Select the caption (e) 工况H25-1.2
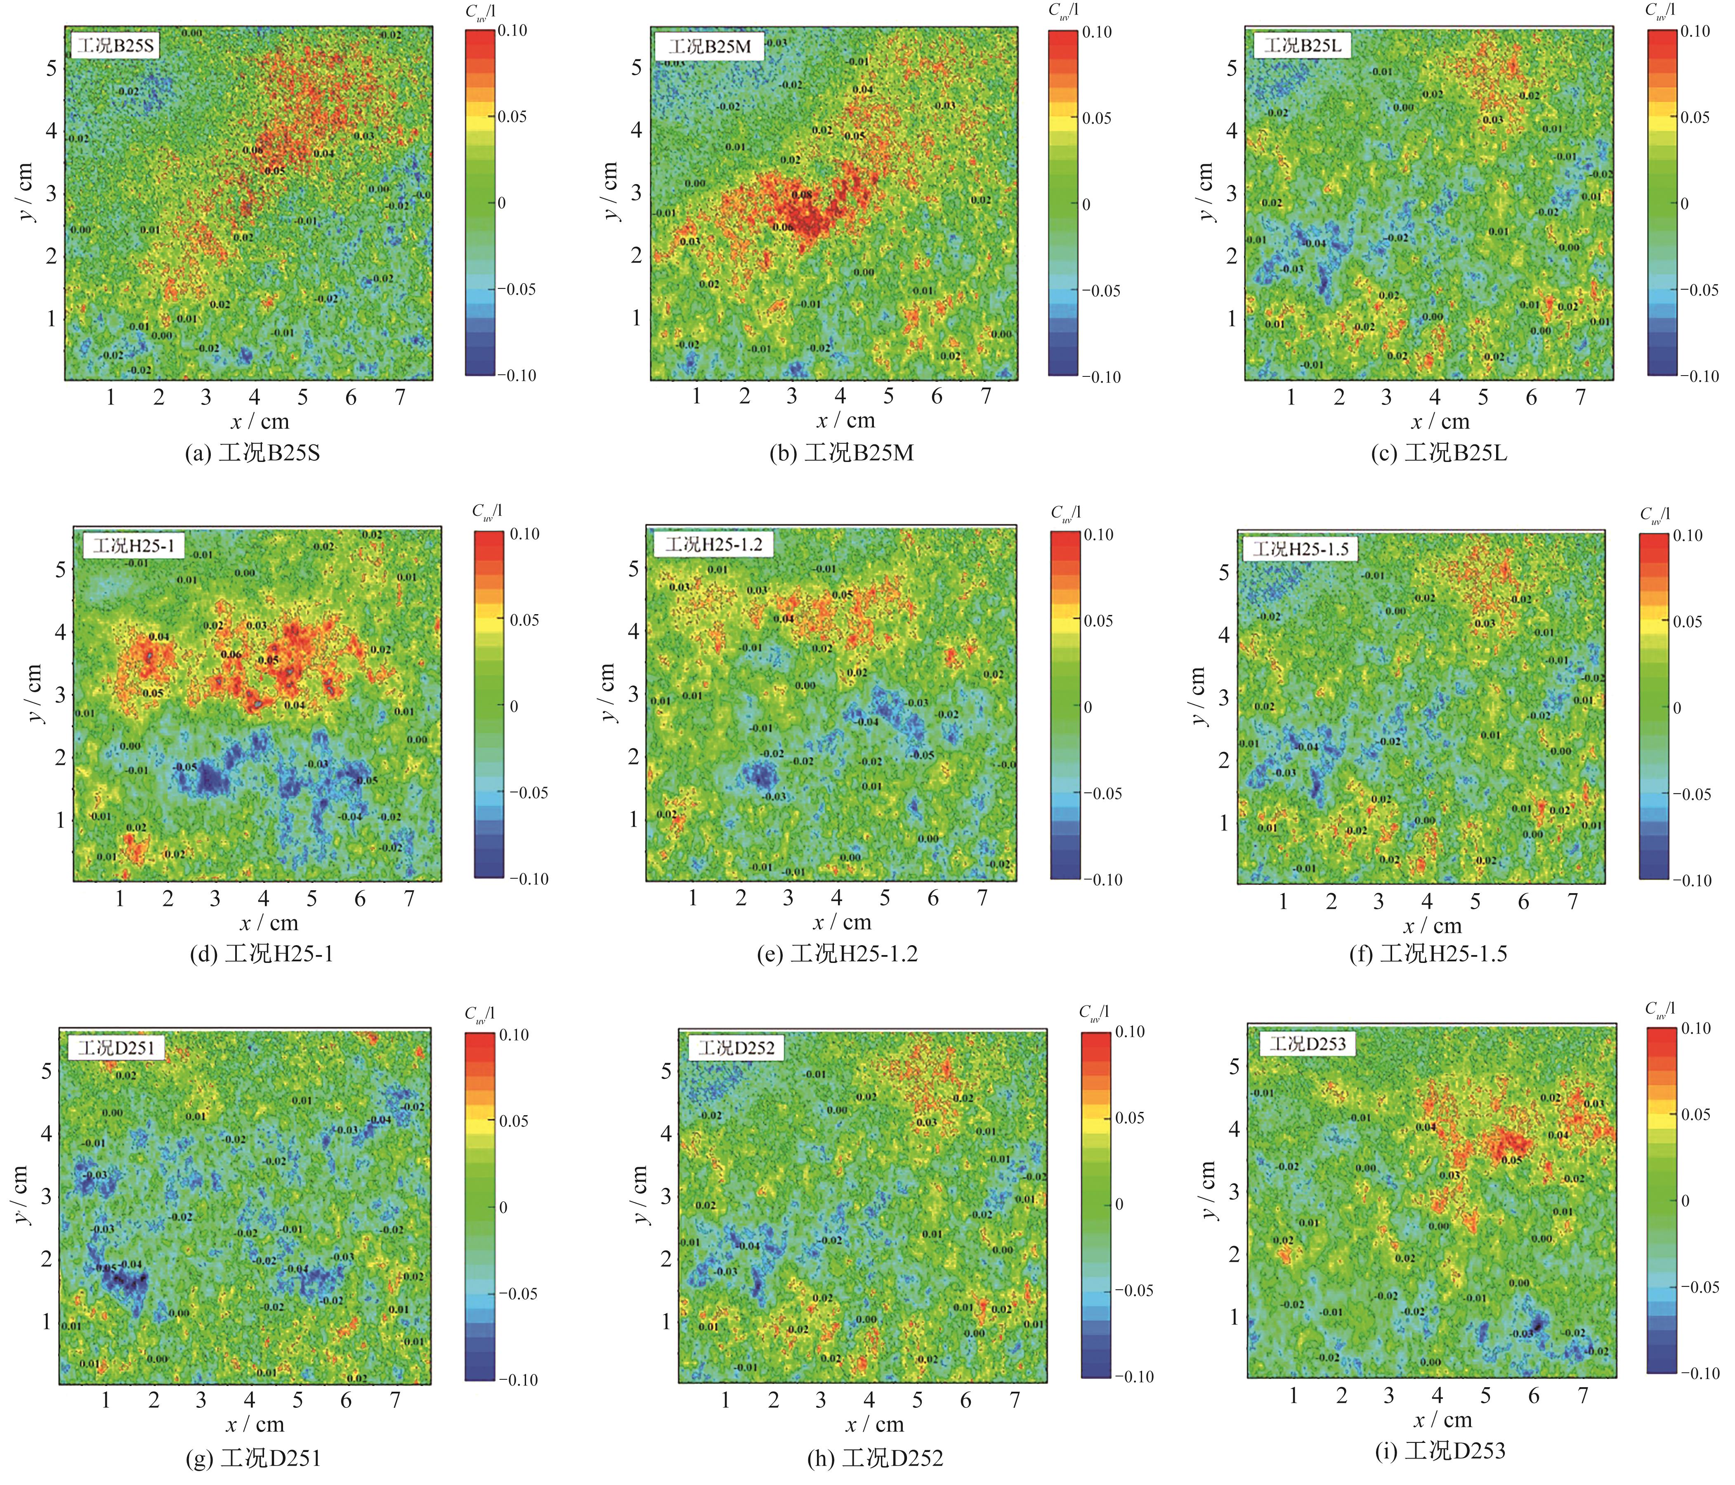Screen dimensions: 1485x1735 tap(837, 954)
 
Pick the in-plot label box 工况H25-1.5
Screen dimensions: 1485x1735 tap(1301, 549)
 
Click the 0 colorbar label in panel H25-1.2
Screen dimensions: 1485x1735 tap(1088, 707)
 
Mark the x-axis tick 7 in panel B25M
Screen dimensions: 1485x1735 tap(986, 396)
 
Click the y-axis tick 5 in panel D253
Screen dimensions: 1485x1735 tap(1233, 1066)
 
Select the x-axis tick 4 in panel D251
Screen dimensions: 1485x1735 tap(250, 1400)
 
